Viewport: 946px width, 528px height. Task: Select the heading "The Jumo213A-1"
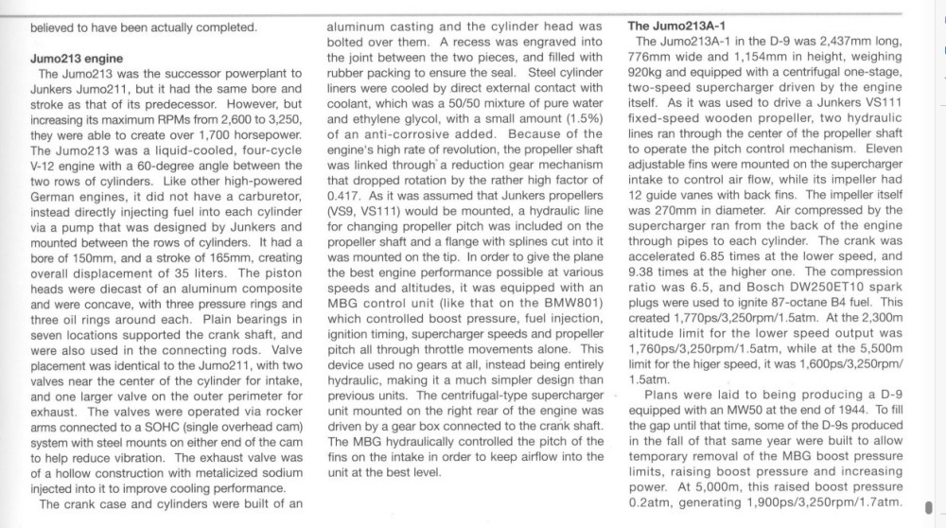[678, 26]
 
